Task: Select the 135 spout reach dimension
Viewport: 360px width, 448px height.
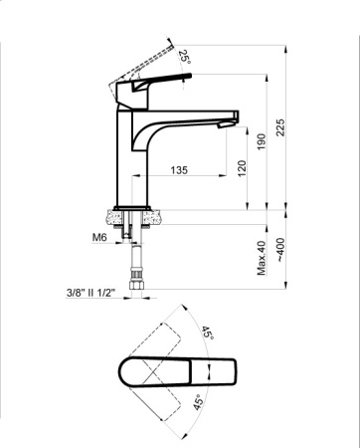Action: [180, 170]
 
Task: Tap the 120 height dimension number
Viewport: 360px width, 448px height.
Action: [242, 168]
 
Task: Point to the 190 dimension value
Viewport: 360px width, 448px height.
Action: [263, 141]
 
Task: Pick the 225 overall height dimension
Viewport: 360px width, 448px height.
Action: [282, 127]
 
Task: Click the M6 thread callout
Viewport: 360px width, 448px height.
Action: [98, 239]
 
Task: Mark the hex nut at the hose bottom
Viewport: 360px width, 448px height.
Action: [135, 290]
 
